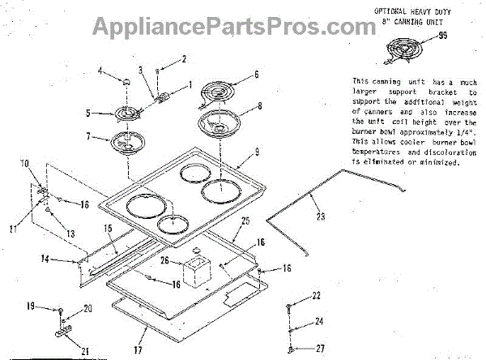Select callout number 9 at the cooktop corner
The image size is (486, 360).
[x=256, y=151]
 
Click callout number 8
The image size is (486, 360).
[x=260, y=105]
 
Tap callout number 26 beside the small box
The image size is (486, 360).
[x=164, y=261]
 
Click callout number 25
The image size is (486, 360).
[x=246, y=221]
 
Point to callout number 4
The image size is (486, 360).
[x=101, y=71]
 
